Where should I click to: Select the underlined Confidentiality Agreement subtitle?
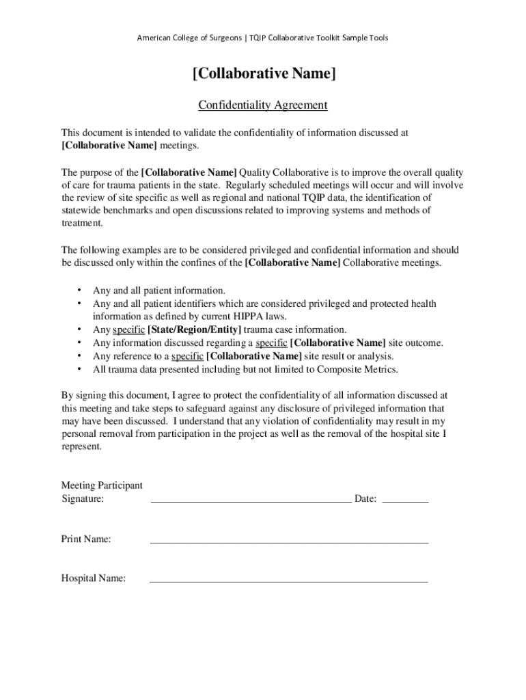pyautogui.click(x=263, y=105)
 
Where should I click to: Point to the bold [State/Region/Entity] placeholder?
pyautogui.click(x=194, y=329)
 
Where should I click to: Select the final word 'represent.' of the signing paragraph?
pyautogui.click(x=81, y=446)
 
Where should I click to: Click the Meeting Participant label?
pyautogui.click(x=102, y=485)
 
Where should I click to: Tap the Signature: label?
pyautogui.click(x=83, y=499)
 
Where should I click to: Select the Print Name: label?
pyautogui.click(x=86, y=539)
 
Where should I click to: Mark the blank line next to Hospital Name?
pyautogui.click(x=289, y=582)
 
